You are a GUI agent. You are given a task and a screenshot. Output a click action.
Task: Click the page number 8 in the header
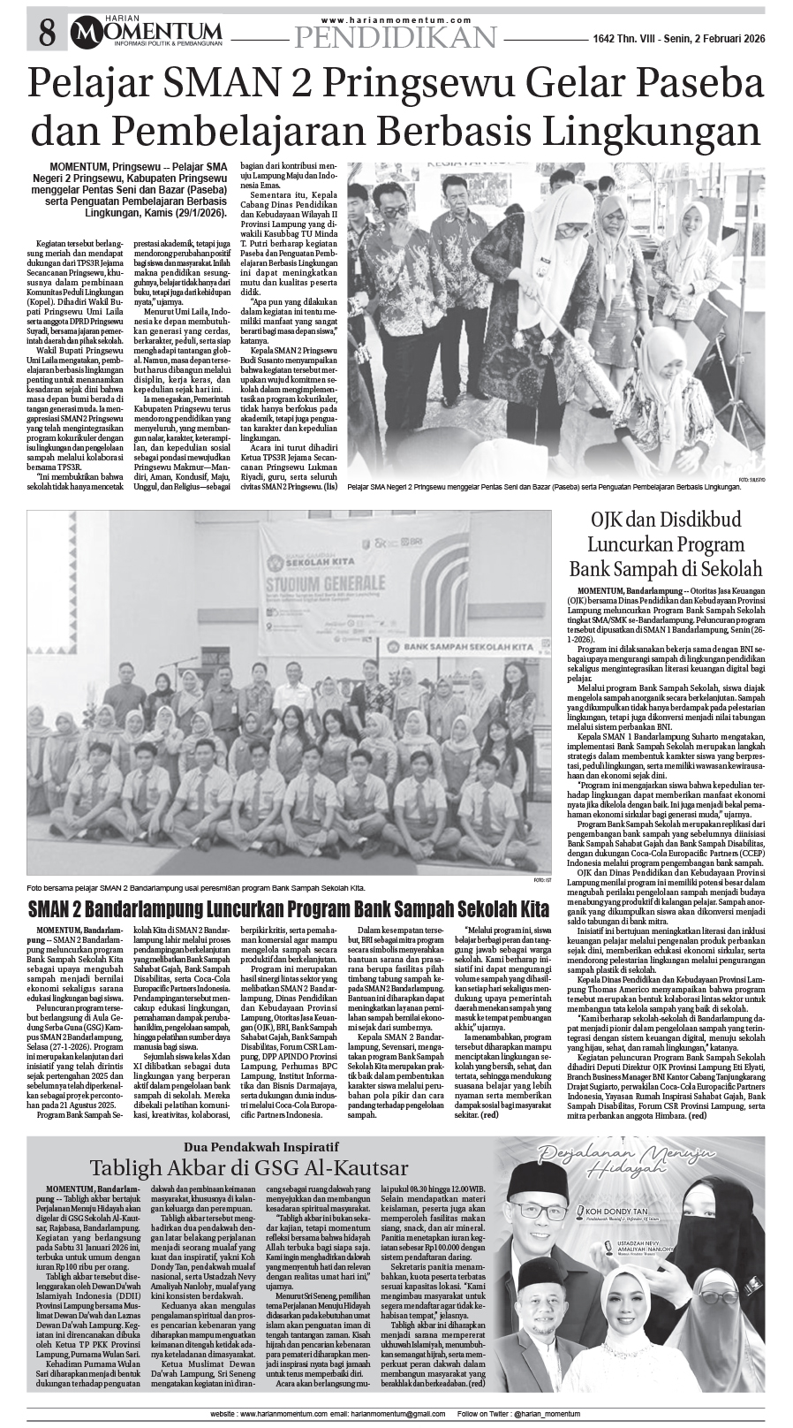(x=46, y=34)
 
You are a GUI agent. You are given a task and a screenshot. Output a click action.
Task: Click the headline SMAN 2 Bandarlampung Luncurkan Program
(x=289, y=908)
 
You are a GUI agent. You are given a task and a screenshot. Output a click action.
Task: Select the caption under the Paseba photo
(x=543, y=486)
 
